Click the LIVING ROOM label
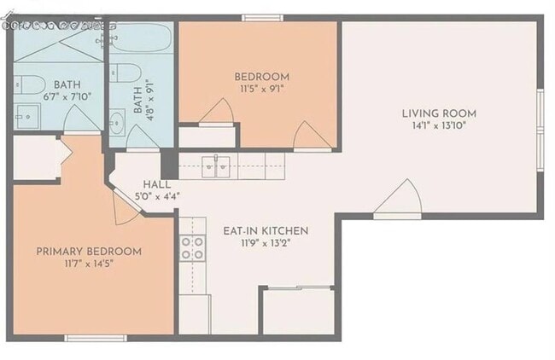[440, 113]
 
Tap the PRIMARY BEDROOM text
[89, 252]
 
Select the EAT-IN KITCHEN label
[266, 230]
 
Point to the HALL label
[157, 184]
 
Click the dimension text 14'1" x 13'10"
[440, 125]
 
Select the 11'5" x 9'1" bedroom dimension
[262, 88]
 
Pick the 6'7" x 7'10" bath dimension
[67, 96]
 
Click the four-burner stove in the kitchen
[193, 247]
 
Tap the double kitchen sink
[217, 166]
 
